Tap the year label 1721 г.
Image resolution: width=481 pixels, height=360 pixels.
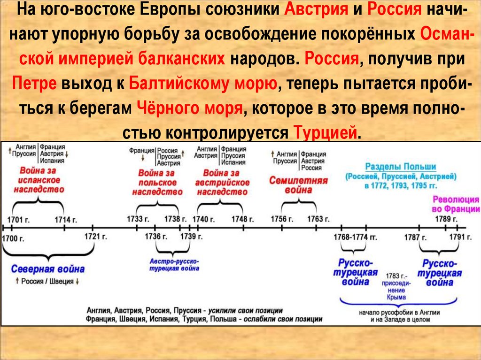point(96,236)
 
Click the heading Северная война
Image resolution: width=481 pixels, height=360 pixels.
point(48,269)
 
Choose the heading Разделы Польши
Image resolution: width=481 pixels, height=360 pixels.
point(401,167)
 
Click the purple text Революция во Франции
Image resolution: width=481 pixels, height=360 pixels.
point(456,204)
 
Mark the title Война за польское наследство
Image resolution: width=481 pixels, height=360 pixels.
point(157,183)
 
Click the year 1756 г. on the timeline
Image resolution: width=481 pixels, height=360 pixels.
point(282,219)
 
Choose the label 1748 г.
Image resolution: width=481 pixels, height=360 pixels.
point(242,219)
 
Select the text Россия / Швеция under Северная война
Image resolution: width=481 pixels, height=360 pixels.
point(45,282)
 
